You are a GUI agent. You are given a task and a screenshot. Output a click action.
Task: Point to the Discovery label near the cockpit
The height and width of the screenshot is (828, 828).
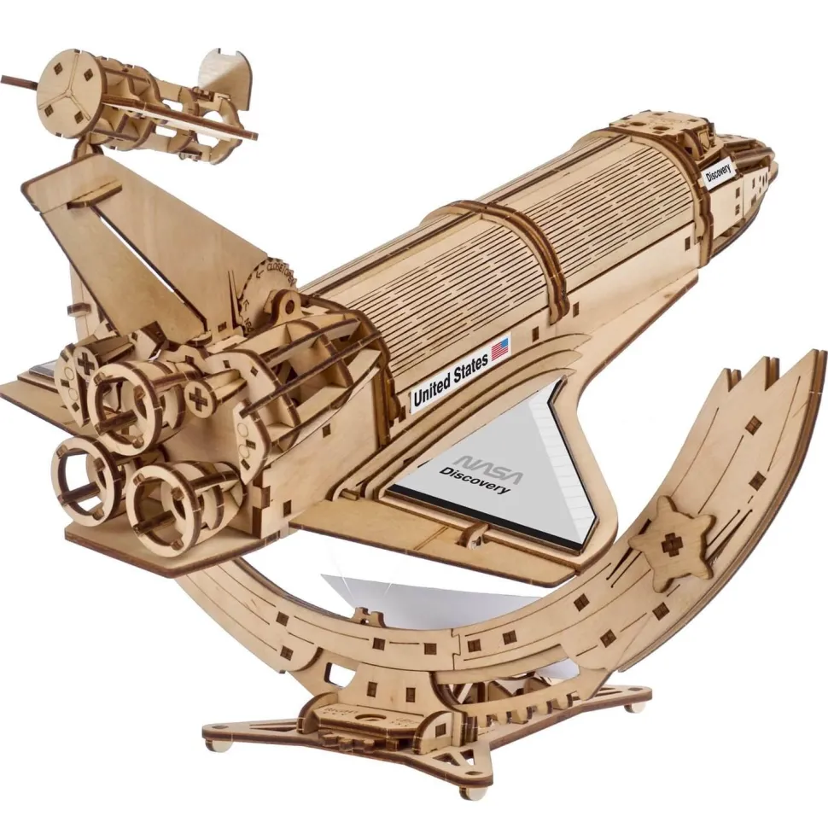pyautogui.click(x=719, y=171)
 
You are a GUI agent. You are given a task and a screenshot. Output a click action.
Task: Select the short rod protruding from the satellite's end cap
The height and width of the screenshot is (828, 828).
pyautogui.click(x=17, y=81)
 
